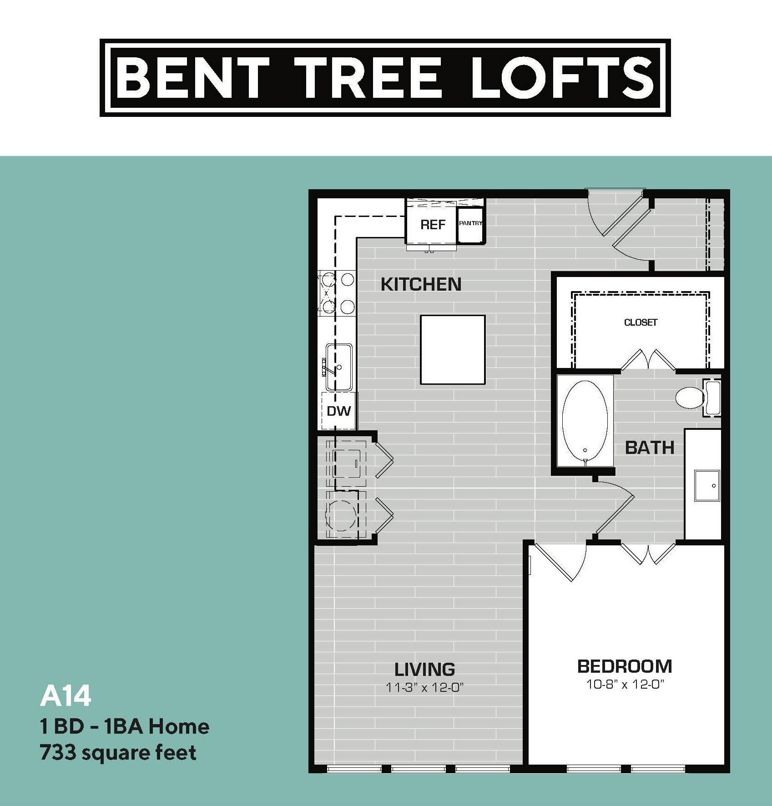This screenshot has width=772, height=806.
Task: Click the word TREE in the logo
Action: (x=368, y=77)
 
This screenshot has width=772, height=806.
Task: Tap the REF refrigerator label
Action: (x=433, y=224)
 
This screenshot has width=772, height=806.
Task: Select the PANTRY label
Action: (x=470, y=223)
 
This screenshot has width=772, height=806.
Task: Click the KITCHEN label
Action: (x=421, y=284)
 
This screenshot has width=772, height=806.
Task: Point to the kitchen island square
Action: (x=453, y=349)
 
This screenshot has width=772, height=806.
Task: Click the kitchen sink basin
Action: (x=339, y=367)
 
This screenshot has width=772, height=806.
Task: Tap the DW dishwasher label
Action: (x=339, y=411)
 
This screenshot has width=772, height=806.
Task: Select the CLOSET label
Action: (x=641, y=322)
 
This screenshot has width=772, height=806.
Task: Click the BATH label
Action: (x=650, y=448)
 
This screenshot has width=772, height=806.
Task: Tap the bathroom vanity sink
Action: (x=706, y=485)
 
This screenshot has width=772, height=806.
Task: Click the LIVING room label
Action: (x=424, y=669)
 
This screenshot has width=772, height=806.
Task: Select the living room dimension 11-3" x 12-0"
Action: (x=424, y=687)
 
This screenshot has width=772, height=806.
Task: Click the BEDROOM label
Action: (x=625, y=666)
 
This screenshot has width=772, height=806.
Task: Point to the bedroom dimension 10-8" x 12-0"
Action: (x=625, y=684)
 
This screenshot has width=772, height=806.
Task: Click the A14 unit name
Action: (x=66, y=696)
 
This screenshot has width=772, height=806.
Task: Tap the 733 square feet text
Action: (x=118, y=753)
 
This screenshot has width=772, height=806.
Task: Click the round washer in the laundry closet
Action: (x=341, y=515)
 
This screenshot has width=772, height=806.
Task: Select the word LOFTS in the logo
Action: (x=563, y=77)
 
